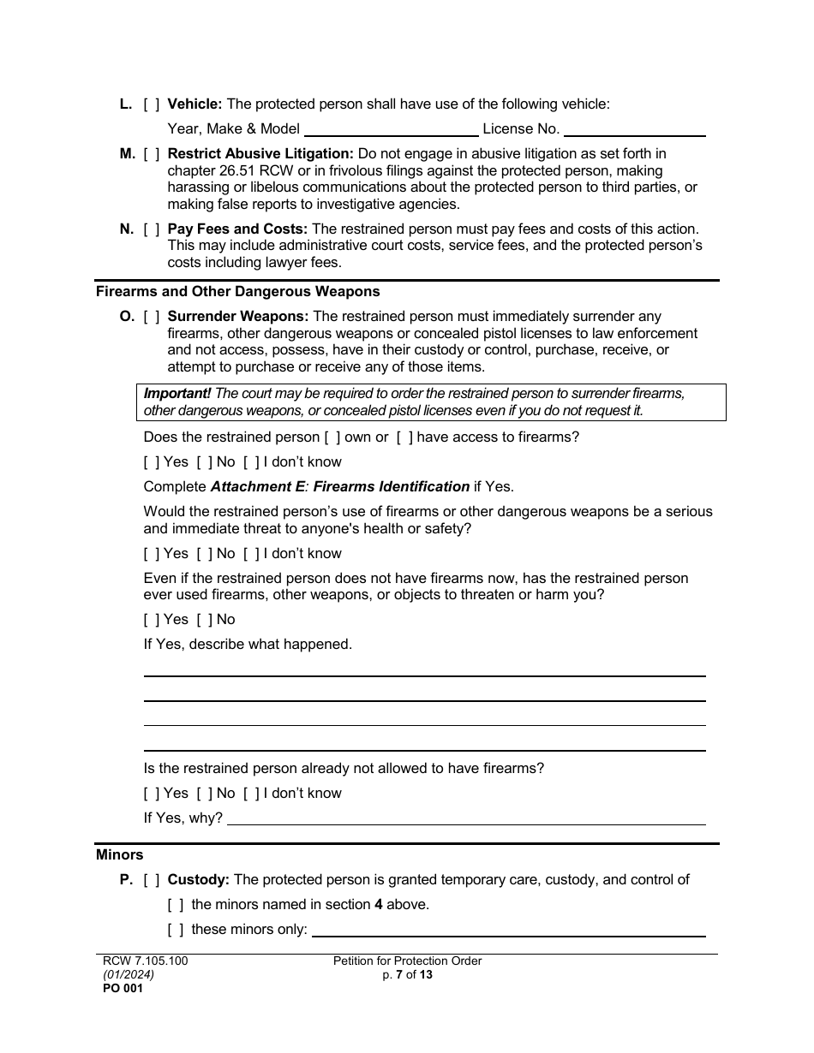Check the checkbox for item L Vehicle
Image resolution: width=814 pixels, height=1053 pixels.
(x=151, y=104)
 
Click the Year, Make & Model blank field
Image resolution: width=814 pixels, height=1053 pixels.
(x=391, y=129)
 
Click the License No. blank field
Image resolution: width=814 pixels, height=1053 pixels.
(x=634, y=129)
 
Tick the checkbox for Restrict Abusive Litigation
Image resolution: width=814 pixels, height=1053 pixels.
(x=151, y=154)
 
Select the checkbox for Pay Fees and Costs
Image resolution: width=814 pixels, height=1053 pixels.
(x=151, y=229)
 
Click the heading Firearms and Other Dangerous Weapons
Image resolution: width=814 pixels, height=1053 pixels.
(x=237, y=292)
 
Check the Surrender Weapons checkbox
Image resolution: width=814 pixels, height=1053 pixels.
(x=151, y=317)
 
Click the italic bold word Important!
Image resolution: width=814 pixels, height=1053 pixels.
(x=177, y=394)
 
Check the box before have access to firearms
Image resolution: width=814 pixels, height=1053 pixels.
(x=404, y=437)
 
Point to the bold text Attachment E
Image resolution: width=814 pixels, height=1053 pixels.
(x=254, y=487)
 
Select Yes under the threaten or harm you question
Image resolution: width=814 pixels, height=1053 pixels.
(x=152, y=620)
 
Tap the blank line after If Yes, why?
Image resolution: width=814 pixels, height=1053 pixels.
(x=465, y=818)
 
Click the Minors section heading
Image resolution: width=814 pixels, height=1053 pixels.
(x=120, y=855)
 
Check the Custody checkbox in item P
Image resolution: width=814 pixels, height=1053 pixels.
(x=151, y=880)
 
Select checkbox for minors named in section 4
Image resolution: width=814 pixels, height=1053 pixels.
(x=175, y=905)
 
